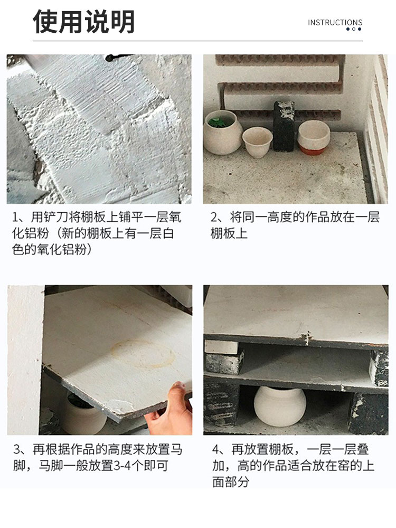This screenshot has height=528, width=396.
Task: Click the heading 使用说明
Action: click(x=84, y=22)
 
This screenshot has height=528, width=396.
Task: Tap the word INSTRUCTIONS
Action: click(x=335, y=23)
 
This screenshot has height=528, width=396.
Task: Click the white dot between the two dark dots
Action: click(x=354, y=29)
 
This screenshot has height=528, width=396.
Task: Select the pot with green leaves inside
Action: click(x=222, y=133)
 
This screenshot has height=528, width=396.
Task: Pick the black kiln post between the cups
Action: click(x=284, y=126)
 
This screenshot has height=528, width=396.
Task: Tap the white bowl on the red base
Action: click(x=314, y=137)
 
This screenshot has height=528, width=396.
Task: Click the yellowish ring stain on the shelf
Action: click(x=143, y=354)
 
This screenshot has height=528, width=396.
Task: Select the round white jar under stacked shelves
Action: click(x=280, y=406)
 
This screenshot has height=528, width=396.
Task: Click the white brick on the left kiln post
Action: click(x=221, y=347)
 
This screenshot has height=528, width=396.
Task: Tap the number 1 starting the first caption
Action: click(x=15, y=218)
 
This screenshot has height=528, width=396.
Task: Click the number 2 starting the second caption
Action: click(x=214, y=218)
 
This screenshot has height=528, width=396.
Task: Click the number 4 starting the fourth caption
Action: click(x=216, y=449)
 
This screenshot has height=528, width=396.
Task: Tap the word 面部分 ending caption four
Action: click(x=231, y=482)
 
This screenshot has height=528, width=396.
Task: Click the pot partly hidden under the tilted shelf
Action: click(x=85, y=416)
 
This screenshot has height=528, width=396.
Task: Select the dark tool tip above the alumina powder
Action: click(x=115, y=58)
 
